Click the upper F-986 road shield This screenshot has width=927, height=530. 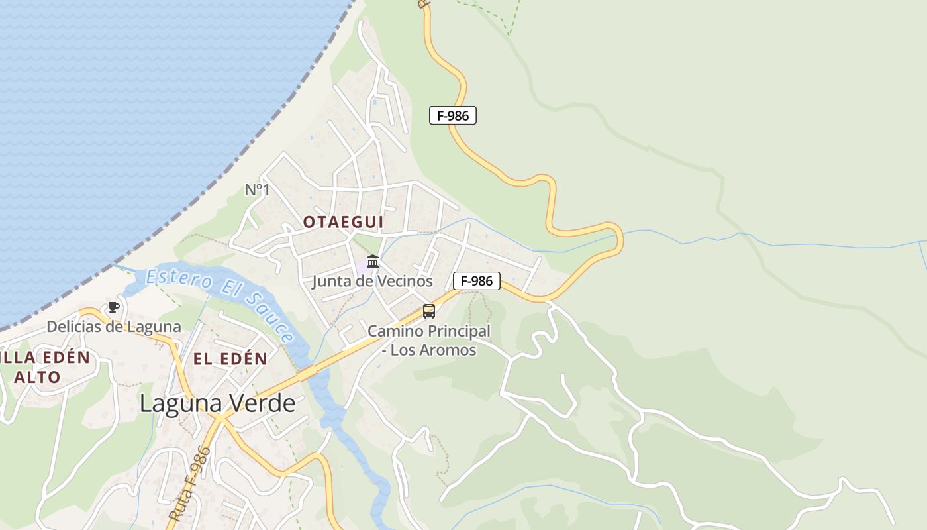[453, 115]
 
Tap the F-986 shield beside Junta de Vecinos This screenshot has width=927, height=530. [477, 281]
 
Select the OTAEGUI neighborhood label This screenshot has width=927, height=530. [343, 222]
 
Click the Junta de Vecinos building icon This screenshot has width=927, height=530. [373, 261]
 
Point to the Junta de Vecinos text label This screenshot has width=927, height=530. [372, 281]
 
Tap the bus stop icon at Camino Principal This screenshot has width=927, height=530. [429, 311]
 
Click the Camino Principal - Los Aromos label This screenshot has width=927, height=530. [429, 340]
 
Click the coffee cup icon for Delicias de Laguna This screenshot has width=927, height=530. [113, 307]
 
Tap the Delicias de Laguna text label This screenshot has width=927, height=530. [113, 327]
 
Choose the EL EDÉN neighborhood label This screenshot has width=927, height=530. [230, 359]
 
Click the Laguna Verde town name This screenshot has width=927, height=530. [217, 403]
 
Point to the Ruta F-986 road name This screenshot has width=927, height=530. [189, 483]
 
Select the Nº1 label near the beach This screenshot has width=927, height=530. [258, 190]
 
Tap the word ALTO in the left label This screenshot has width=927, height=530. [37, 377]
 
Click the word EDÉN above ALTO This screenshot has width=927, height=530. [65, 358]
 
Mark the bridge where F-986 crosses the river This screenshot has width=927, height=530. [309, 374]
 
